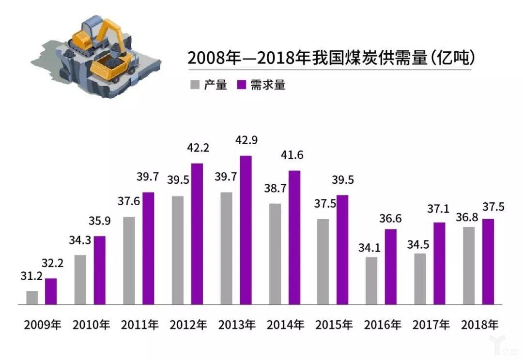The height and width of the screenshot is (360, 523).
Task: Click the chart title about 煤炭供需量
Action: [x=331, y=58]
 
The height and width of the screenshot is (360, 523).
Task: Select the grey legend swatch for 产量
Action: [x=195, y=85]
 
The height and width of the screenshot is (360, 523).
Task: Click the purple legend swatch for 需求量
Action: [x=242, y=85]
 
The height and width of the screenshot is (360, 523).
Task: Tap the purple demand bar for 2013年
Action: [x=246, y=230]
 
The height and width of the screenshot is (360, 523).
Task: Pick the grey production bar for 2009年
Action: [x=32, y=298]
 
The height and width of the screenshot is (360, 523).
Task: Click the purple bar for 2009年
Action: [x=51, y=291]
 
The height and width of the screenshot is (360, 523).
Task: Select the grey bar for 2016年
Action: [x=371, y=281]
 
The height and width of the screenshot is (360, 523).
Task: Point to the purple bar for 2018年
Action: [x=488, y=261]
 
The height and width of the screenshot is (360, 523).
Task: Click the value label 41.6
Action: [x=295, y=156]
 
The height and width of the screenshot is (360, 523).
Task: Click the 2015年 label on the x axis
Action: [x=334, y=324]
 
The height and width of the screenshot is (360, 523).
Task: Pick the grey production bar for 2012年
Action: [x=178, y=250]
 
